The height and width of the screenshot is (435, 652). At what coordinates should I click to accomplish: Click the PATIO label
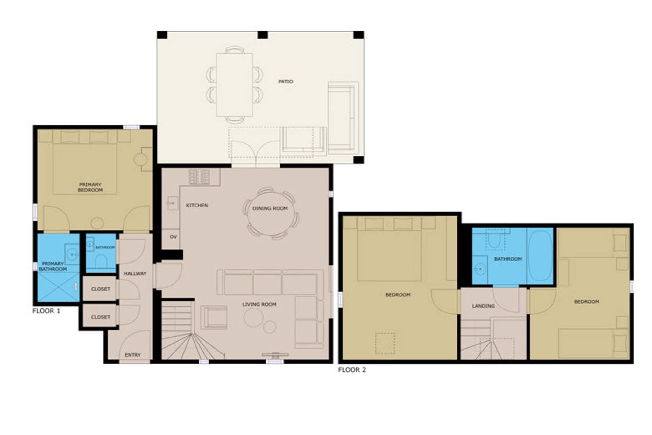tap(286, 82)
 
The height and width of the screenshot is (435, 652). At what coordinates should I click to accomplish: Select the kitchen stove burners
tap(200, 177)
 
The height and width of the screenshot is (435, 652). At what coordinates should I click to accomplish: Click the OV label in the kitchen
tap(173, 237)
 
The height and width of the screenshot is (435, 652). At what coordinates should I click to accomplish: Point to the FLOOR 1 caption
tap(46, 311)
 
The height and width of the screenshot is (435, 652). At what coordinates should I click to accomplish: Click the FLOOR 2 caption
tap(352, 370)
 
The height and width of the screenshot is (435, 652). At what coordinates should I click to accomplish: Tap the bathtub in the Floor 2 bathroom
tap(540, 256)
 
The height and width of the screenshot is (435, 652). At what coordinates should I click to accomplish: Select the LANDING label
tap(483, 306)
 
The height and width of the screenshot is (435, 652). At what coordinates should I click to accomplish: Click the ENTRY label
tap(133, 355)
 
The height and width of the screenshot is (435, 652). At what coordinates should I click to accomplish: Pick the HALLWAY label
tap(135, 273)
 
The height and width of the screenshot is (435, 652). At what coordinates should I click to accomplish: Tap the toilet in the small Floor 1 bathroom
tap(101, 261)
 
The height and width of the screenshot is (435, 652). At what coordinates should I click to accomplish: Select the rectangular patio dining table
tap(235, 85)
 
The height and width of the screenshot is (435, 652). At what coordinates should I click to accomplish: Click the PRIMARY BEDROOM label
tap(90, 187)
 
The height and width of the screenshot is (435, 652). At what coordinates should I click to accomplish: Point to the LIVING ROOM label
tap(259, 304)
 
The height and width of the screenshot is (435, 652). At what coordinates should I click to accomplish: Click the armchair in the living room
tap(214, 317)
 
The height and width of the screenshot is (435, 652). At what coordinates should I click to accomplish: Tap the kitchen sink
tap(173, 203)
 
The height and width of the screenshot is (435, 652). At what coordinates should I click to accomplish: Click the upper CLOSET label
tap(101, 289)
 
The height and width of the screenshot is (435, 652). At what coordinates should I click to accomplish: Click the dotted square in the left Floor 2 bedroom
tap(385, 343)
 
